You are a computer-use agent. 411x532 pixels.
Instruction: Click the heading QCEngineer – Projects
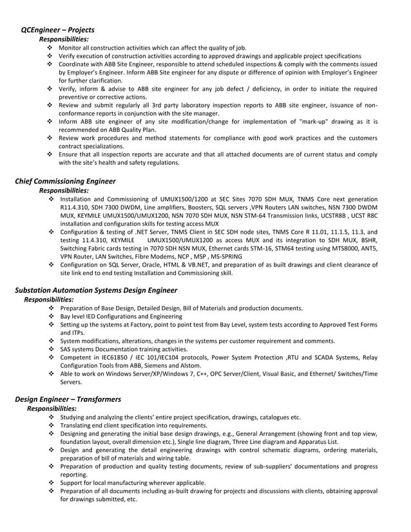click(x=57, y=30)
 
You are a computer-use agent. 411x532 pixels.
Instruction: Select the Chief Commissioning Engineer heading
click(x=65, y=181)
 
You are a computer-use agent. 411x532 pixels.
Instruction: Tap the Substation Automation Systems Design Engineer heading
click(x=95, y=290)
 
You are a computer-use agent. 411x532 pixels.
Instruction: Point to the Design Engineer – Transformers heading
click(x=68, y=399)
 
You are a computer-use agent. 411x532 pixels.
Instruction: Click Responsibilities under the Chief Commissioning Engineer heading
click(x=64, y=191)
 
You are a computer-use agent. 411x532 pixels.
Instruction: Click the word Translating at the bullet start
click(x=78, y=426)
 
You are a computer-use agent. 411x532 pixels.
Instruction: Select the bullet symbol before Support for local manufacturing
click(x=51, y=483)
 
